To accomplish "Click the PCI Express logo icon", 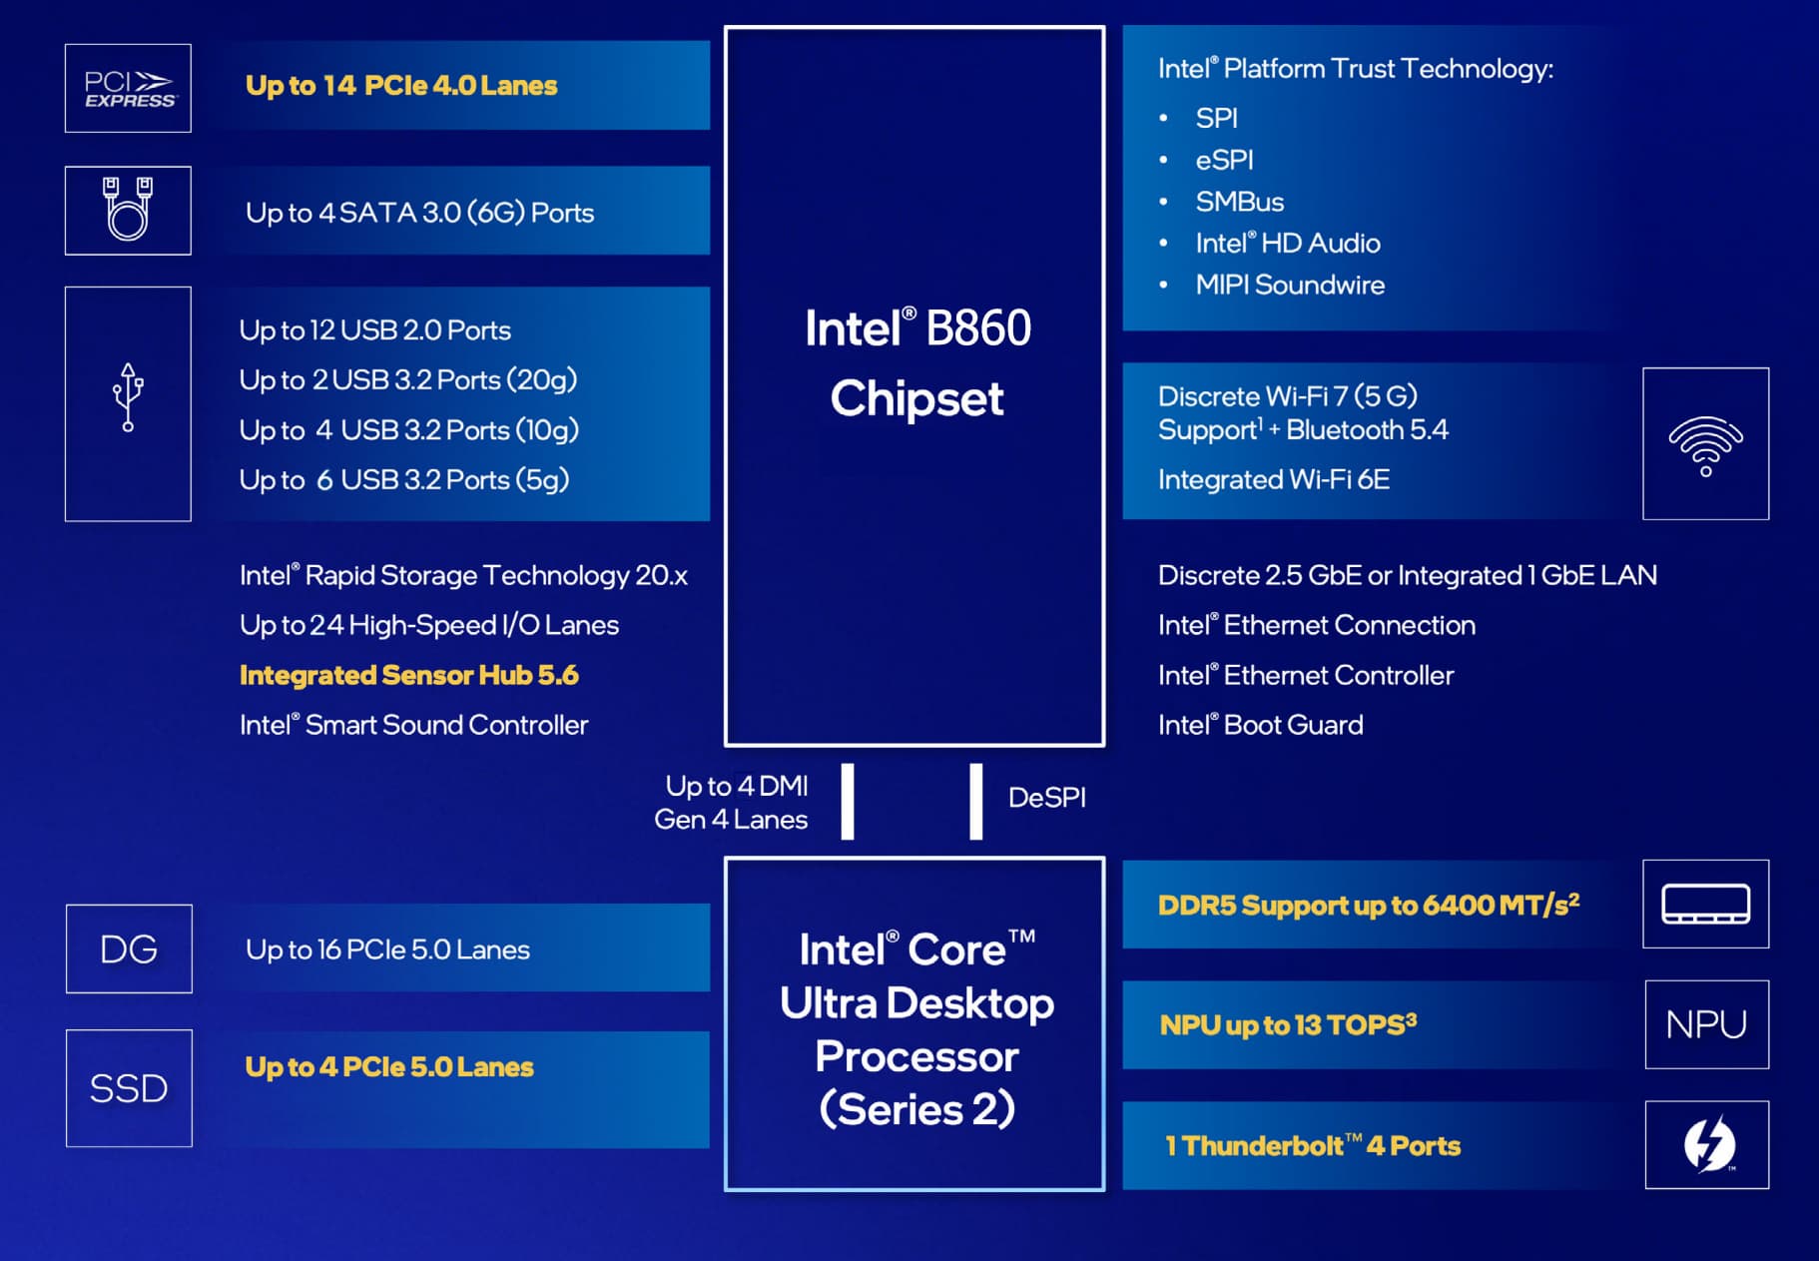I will [x=129, y=89].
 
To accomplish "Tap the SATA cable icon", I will [x=128, y=210].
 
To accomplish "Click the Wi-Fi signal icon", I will [x=1705, y=444].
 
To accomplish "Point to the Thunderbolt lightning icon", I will [x=1707, y=1144].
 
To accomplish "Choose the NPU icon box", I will [x=1706, y=1024].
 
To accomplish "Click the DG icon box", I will [x=129, y=948].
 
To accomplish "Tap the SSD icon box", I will [x=129, y=1088].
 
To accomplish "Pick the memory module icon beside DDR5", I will [x=1705, y=904].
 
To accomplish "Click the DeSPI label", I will [x=1046, y=798].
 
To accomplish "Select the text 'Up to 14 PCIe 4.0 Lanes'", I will [x=401, y=86].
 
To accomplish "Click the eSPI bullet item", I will [x=1224, y=160].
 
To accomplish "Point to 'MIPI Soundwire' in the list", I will [x=1290, y=286].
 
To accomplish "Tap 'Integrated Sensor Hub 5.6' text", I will [x=409, y=676].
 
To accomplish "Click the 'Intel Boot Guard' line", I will [x=1260, y=725].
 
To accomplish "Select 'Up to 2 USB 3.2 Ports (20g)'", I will [x=408, y=380].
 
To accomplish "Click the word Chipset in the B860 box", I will [x=916, y=399].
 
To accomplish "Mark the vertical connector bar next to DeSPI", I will [x=975, y=801].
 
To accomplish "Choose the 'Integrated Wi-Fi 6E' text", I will [x=1274, y=480].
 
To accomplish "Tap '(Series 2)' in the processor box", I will [x=916, y=1109].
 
